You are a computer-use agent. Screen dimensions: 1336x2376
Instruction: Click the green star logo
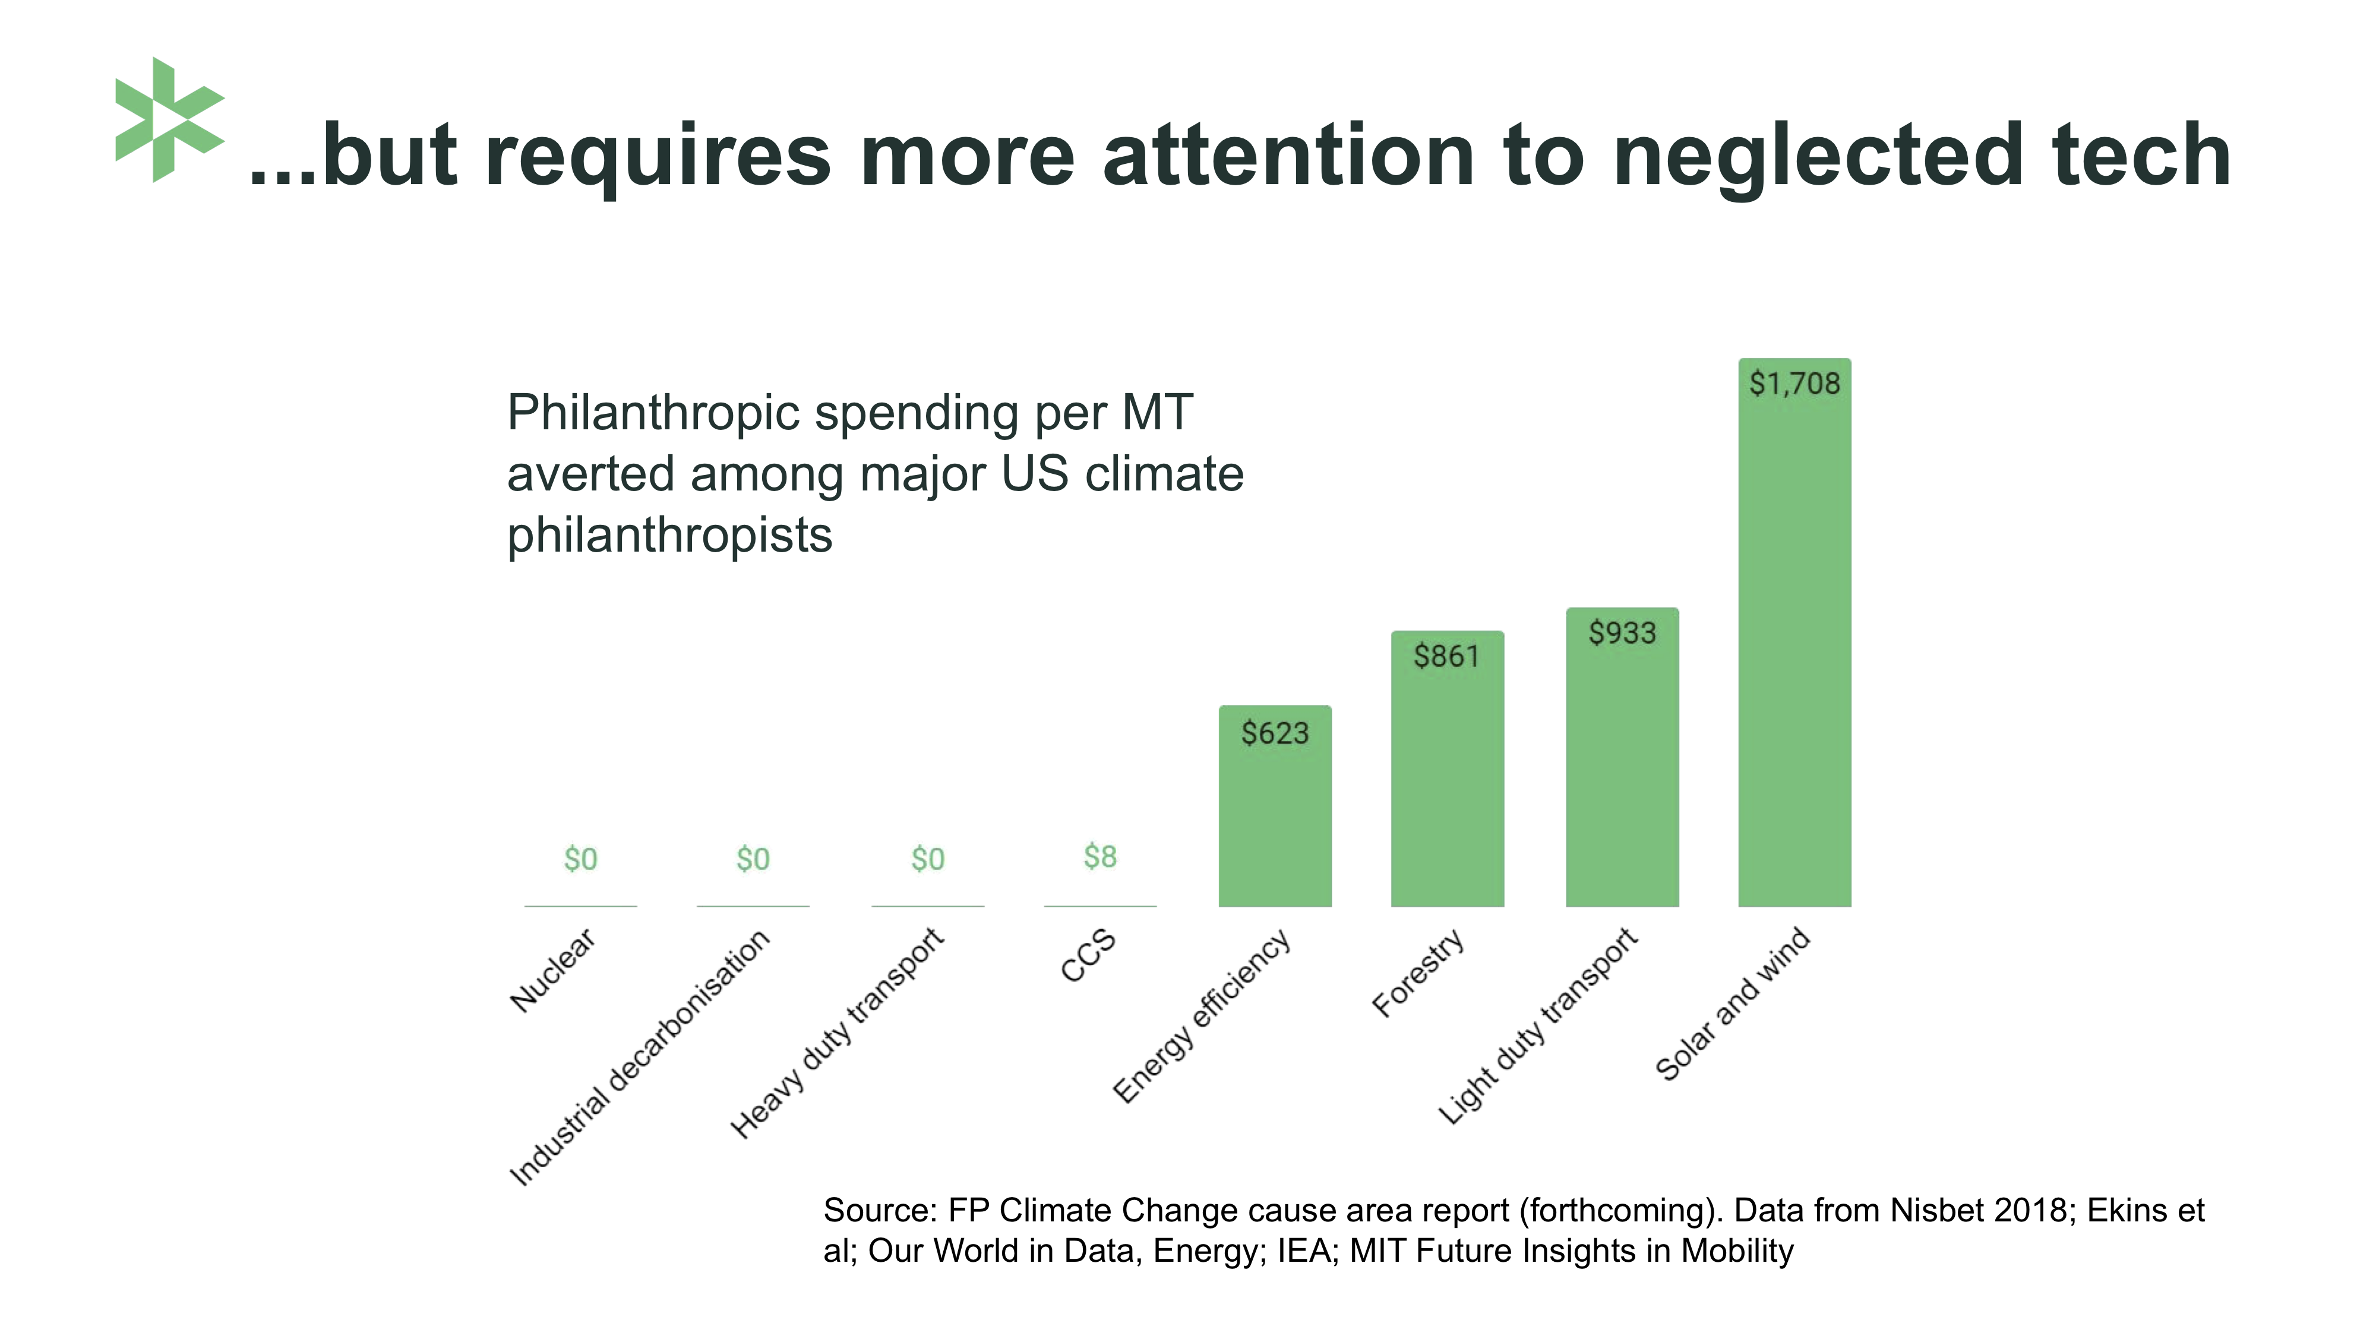(169, 120)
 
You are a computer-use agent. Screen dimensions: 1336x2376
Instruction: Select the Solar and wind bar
(1794, 645)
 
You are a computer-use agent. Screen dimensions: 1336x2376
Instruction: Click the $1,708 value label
(1794, 384)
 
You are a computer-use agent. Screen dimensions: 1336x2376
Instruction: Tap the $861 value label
(1446, 657)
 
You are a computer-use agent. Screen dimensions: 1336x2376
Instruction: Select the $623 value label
(1275, 734)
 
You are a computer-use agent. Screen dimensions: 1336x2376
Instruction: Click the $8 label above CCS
(1099, 857)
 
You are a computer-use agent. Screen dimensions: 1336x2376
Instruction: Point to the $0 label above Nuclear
(580, 859)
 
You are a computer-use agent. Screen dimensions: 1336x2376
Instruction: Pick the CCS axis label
(1088, 956)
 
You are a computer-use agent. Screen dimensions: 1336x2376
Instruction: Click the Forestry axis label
(1418, 973)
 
